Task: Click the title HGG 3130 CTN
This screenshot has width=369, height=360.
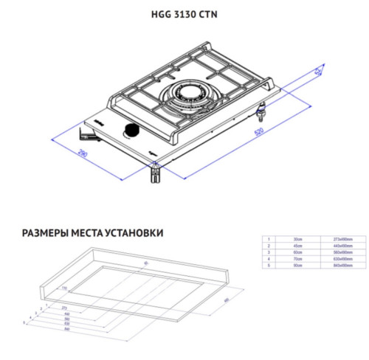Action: pos(184,13)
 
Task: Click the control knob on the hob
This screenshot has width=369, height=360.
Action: pos(131,131)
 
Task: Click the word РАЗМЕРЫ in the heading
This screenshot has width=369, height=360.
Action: pos(44,232)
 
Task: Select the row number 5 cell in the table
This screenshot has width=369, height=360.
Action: pos(270,266)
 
